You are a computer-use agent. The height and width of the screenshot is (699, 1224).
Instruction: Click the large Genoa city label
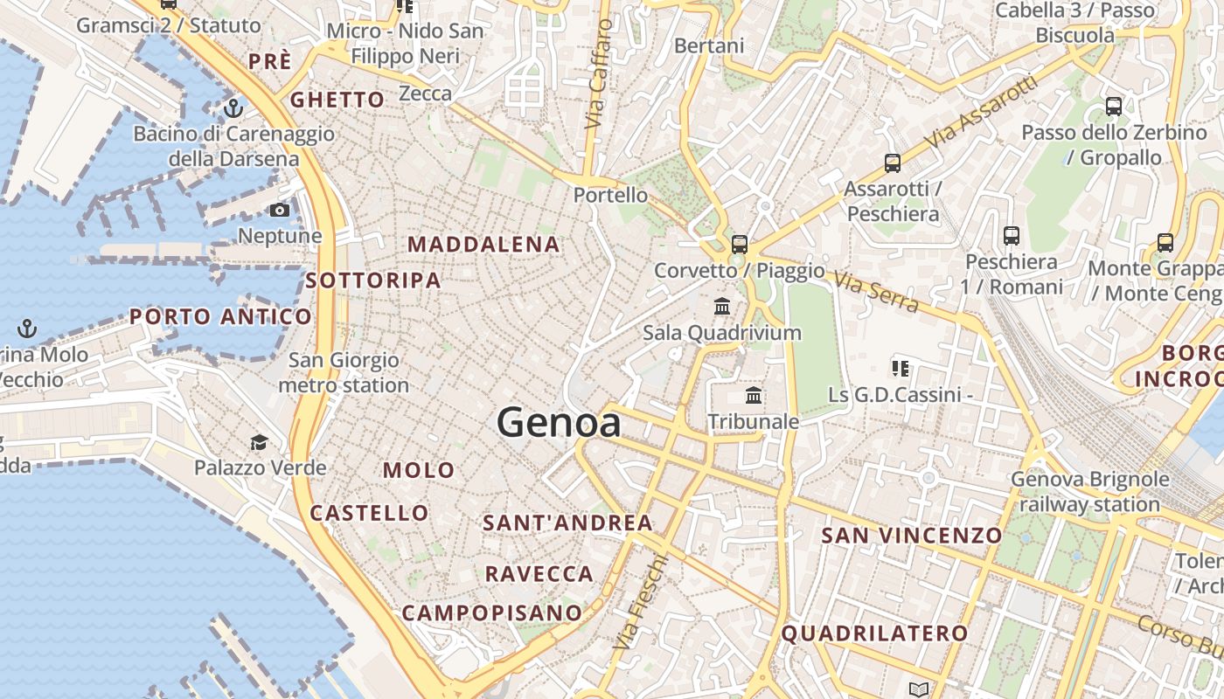(x=559, y=423)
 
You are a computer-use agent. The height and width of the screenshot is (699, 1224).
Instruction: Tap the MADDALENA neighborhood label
(x=483, y=245)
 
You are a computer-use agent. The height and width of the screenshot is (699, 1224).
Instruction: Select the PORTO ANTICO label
(x=220, y=316)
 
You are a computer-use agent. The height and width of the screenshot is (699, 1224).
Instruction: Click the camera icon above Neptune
(x=280, y=211)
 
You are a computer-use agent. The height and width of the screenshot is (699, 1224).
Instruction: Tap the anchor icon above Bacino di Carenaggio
(x=233, y=108)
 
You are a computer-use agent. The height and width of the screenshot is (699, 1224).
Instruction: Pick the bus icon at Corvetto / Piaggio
(x=740, y=244)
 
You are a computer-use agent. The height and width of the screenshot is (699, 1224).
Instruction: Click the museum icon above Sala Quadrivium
(x=722, y=307)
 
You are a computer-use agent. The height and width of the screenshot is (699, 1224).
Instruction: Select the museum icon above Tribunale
(x=754, y=396)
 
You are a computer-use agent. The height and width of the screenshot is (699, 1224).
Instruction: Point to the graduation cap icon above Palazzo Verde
(x=259, y=442)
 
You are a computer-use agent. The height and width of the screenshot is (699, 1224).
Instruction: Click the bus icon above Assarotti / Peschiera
(x=893, y=163)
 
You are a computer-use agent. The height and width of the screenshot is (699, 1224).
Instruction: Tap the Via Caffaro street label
(x=599, y=75)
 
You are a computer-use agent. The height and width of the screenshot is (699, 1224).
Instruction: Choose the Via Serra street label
(x=876, y=292)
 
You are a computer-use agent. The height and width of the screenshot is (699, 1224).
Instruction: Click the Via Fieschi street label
(x=641, y=603)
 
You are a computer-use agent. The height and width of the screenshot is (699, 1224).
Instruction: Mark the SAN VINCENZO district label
(x=912, y=536)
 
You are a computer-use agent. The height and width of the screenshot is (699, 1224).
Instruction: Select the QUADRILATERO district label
(x=874, y=633)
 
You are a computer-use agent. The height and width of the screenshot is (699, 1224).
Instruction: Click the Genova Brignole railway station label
(x=1089, y=492)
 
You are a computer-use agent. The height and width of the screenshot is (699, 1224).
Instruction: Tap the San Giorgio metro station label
(x=344, y=372)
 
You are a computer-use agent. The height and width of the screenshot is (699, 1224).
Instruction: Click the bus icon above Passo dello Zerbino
(x=1114, y=107)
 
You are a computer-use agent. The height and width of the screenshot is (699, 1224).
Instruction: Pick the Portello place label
(x=611, y=195)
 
